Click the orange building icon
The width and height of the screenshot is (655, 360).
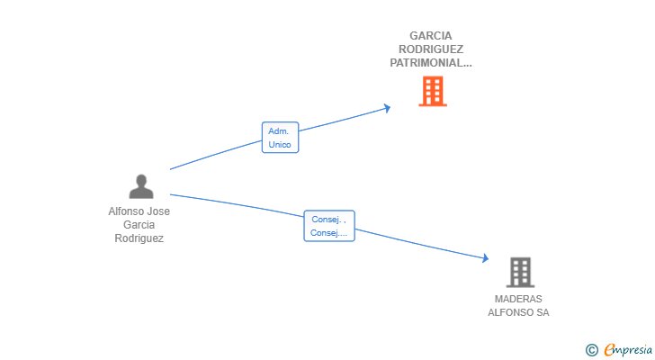[432, 91]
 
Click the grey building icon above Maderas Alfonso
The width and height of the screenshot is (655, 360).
[520, 272]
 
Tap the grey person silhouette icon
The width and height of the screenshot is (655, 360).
[140, 186]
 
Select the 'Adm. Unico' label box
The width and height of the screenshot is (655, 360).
[280, 138]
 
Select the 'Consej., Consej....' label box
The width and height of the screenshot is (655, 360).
[329, 226]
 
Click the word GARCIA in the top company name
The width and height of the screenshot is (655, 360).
[430, 36]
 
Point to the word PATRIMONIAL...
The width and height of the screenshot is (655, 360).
[430, 63]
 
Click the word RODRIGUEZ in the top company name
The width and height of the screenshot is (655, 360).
[430, 49]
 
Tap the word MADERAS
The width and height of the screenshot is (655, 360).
[518, 299]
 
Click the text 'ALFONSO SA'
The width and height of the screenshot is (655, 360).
[518, 312]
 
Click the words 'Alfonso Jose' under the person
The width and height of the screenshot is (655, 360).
[139, 211]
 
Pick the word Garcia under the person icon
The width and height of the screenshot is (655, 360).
[139, 225]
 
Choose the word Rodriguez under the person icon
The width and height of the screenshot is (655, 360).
[139, 238]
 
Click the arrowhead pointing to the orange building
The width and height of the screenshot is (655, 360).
[388, 108]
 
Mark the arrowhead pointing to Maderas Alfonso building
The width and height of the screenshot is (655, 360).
[485, 258]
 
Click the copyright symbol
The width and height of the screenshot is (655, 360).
[591, 349]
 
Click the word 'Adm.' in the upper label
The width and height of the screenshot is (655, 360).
[279, 131]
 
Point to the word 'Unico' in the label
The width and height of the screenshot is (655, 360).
[280, 145]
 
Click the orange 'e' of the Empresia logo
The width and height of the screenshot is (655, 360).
[610, 349]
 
